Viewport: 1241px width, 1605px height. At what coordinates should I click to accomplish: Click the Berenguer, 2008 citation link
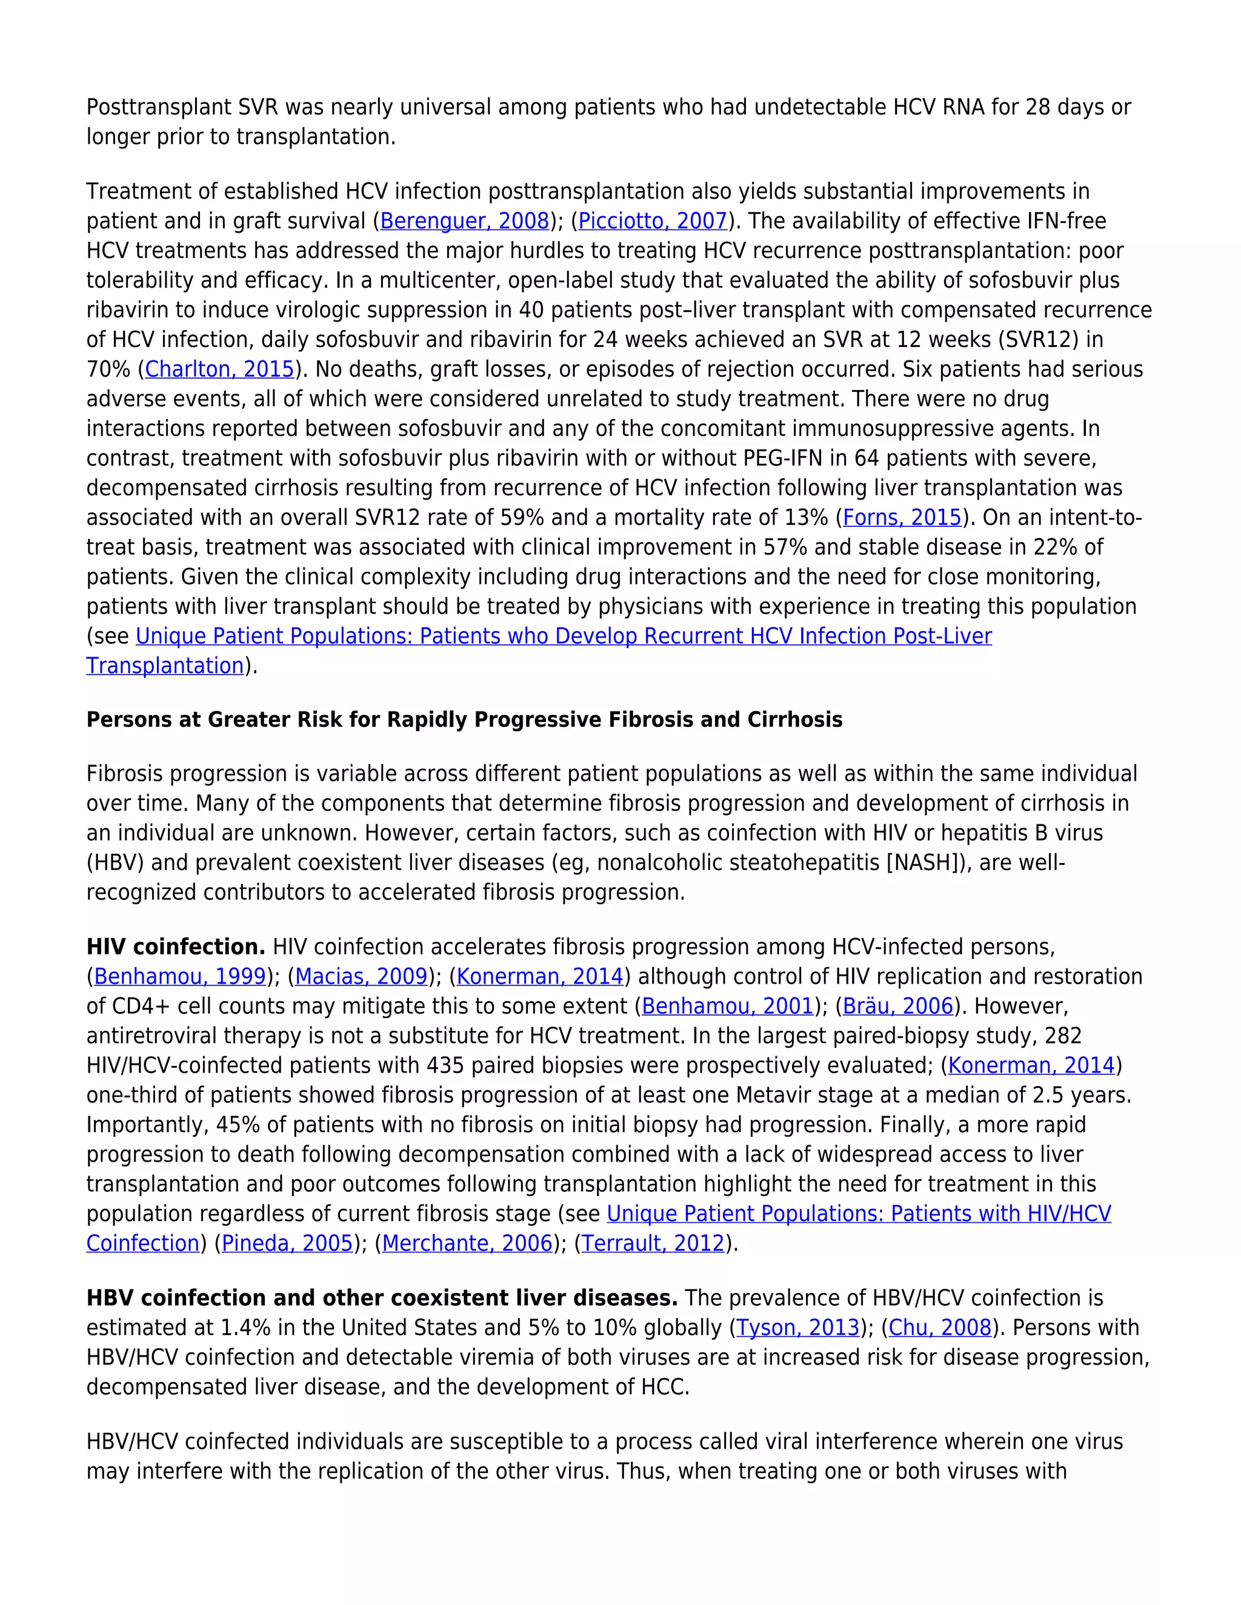465,221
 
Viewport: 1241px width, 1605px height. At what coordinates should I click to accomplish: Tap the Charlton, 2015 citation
220,369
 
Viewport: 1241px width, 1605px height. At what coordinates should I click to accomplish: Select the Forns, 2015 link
902,518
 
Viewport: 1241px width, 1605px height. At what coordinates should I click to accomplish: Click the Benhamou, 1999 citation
180,977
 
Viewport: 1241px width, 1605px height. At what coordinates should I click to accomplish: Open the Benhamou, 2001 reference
728,1006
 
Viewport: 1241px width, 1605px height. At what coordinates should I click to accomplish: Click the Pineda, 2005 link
287,1243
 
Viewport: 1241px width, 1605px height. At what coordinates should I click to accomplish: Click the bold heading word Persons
128,720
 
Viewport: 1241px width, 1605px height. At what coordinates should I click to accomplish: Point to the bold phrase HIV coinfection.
176,947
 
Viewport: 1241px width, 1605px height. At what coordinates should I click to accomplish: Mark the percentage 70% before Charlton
108,369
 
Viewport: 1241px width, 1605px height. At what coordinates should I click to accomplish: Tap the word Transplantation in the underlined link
165,666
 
